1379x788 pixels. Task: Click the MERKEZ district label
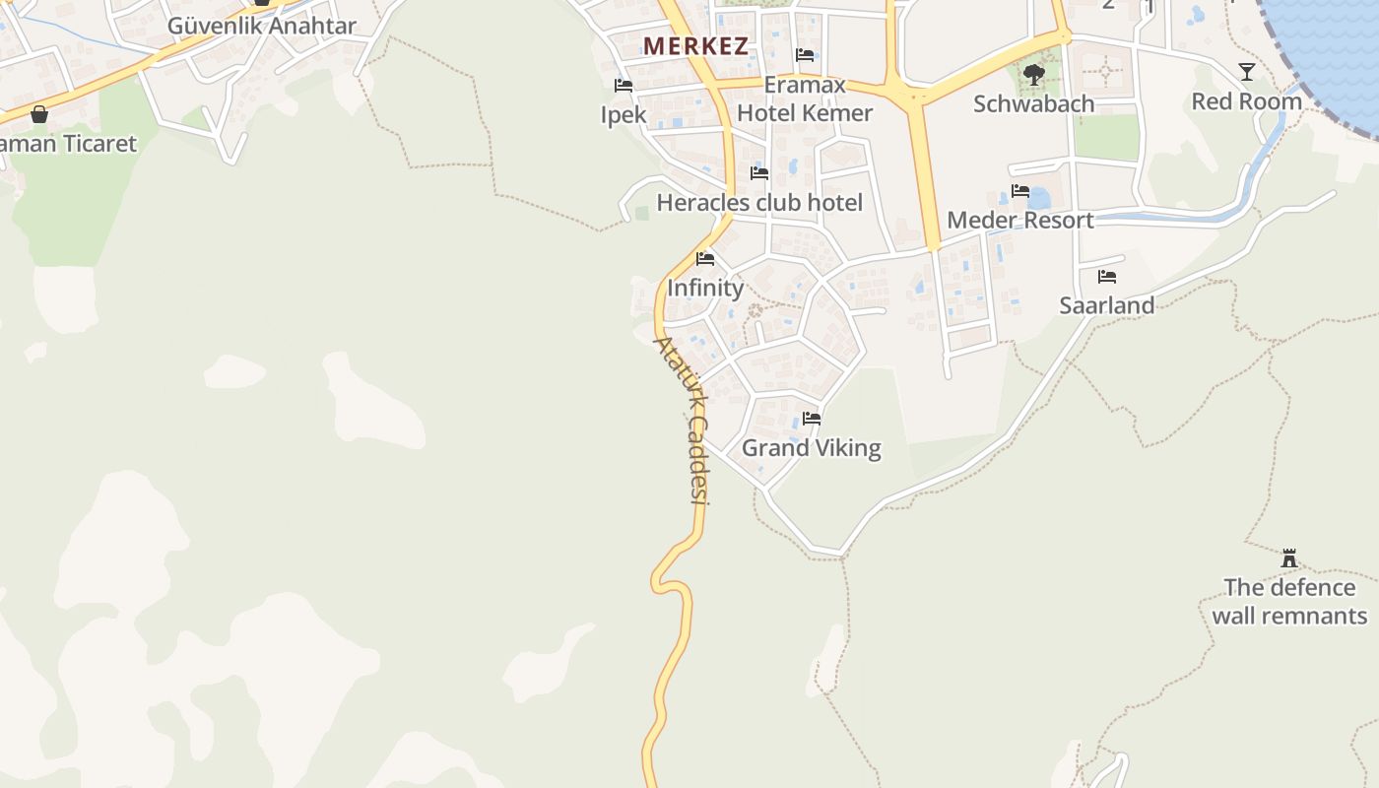coord(695,46)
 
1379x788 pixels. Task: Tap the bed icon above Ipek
coord(624,86)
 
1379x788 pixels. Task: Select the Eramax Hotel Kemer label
coord(805,99)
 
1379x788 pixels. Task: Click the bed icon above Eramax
coord(805,55)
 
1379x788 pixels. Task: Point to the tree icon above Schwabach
coord(1033,74)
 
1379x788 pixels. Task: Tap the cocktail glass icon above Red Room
coord(1247,71)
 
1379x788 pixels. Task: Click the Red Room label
coord(1246,101)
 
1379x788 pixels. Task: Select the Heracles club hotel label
coord(759,203)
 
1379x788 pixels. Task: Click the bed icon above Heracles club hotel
coord(759,173)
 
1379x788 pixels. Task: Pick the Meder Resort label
coord(1019,220)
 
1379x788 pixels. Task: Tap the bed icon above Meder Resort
coord(1020,191)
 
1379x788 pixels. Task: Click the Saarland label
coord(1106,305)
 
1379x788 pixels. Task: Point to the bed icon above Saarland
coord(1107,277)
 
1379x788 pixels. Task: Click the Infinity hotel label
coord(705,288)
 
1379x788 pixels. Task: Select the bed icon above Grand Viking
coord(812,419)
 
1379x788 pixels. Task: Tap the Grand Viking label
coord(811,448)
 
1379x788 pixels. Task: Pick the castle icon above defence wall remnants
coord(1289,558)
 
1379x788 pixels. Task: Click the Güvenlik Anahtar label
coord(261,26)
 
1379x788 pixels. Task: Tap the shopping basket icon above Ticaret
coord(39,114)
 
